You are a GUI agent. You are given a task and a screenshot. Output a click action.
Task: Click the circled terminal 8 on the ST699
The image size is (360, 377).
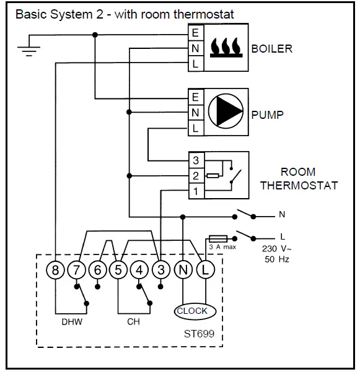(55, 270)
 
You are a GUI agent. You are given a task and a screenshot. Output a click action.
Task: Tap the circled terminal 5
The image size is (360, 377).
(118, 270)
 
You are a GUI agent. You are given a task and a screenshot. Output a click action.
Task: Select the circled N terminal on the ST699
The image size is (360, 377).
(183, 270)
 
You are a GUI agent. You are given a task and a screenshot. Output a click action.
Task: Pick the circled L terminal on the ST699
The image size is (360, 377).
(205, 270)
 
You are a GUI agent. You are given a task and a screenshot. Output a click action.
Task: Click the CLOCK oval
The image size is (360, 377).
(195, 311)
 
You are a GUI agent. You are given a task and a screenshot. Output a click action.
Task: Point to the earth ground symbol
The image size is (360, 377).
(29, 51)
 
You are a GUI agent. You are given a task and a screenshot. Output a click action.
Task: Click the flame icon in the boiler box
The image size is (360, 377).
(226, 48)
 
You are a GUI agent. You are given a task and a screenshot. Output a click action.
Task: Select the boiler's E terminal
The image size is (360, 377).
(196, 33)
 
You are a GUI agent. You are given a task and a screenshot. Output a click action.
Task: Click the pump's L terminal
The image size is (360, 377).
(196, 128)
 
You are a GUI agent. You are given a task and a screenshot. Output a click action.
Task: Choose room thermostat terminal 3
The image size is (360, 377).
(196, 160)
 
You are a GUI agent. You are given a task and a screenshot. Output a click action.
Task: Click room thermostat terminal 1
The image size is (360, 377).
(196, 191)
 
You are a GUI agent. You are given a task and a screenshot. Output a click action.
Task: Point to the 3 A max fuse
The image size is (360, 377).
(218, 238)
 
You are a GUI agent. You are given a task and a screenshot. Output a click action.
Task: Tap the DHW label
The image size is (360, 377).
(72, 322)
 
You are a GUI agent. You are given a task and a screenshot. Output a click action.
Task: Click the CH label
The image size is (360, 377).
(133, 322)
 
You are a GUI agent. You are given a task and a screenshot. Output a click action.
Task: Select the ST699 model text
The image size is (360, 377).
(199, 334)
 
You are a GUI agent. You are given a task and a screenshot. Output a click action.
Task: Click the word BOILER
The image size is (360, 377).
(272, 49)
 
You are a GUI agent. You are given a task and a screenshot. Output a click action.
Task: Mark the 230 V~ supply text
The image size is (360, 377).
(276, 249)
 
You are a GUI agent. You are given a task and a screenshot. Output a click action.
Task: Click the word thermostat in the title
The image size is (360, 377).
(204, 14)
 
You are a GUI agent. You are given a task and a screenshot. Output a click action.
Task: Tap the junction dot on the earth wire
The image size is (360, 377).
(95, 35)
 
